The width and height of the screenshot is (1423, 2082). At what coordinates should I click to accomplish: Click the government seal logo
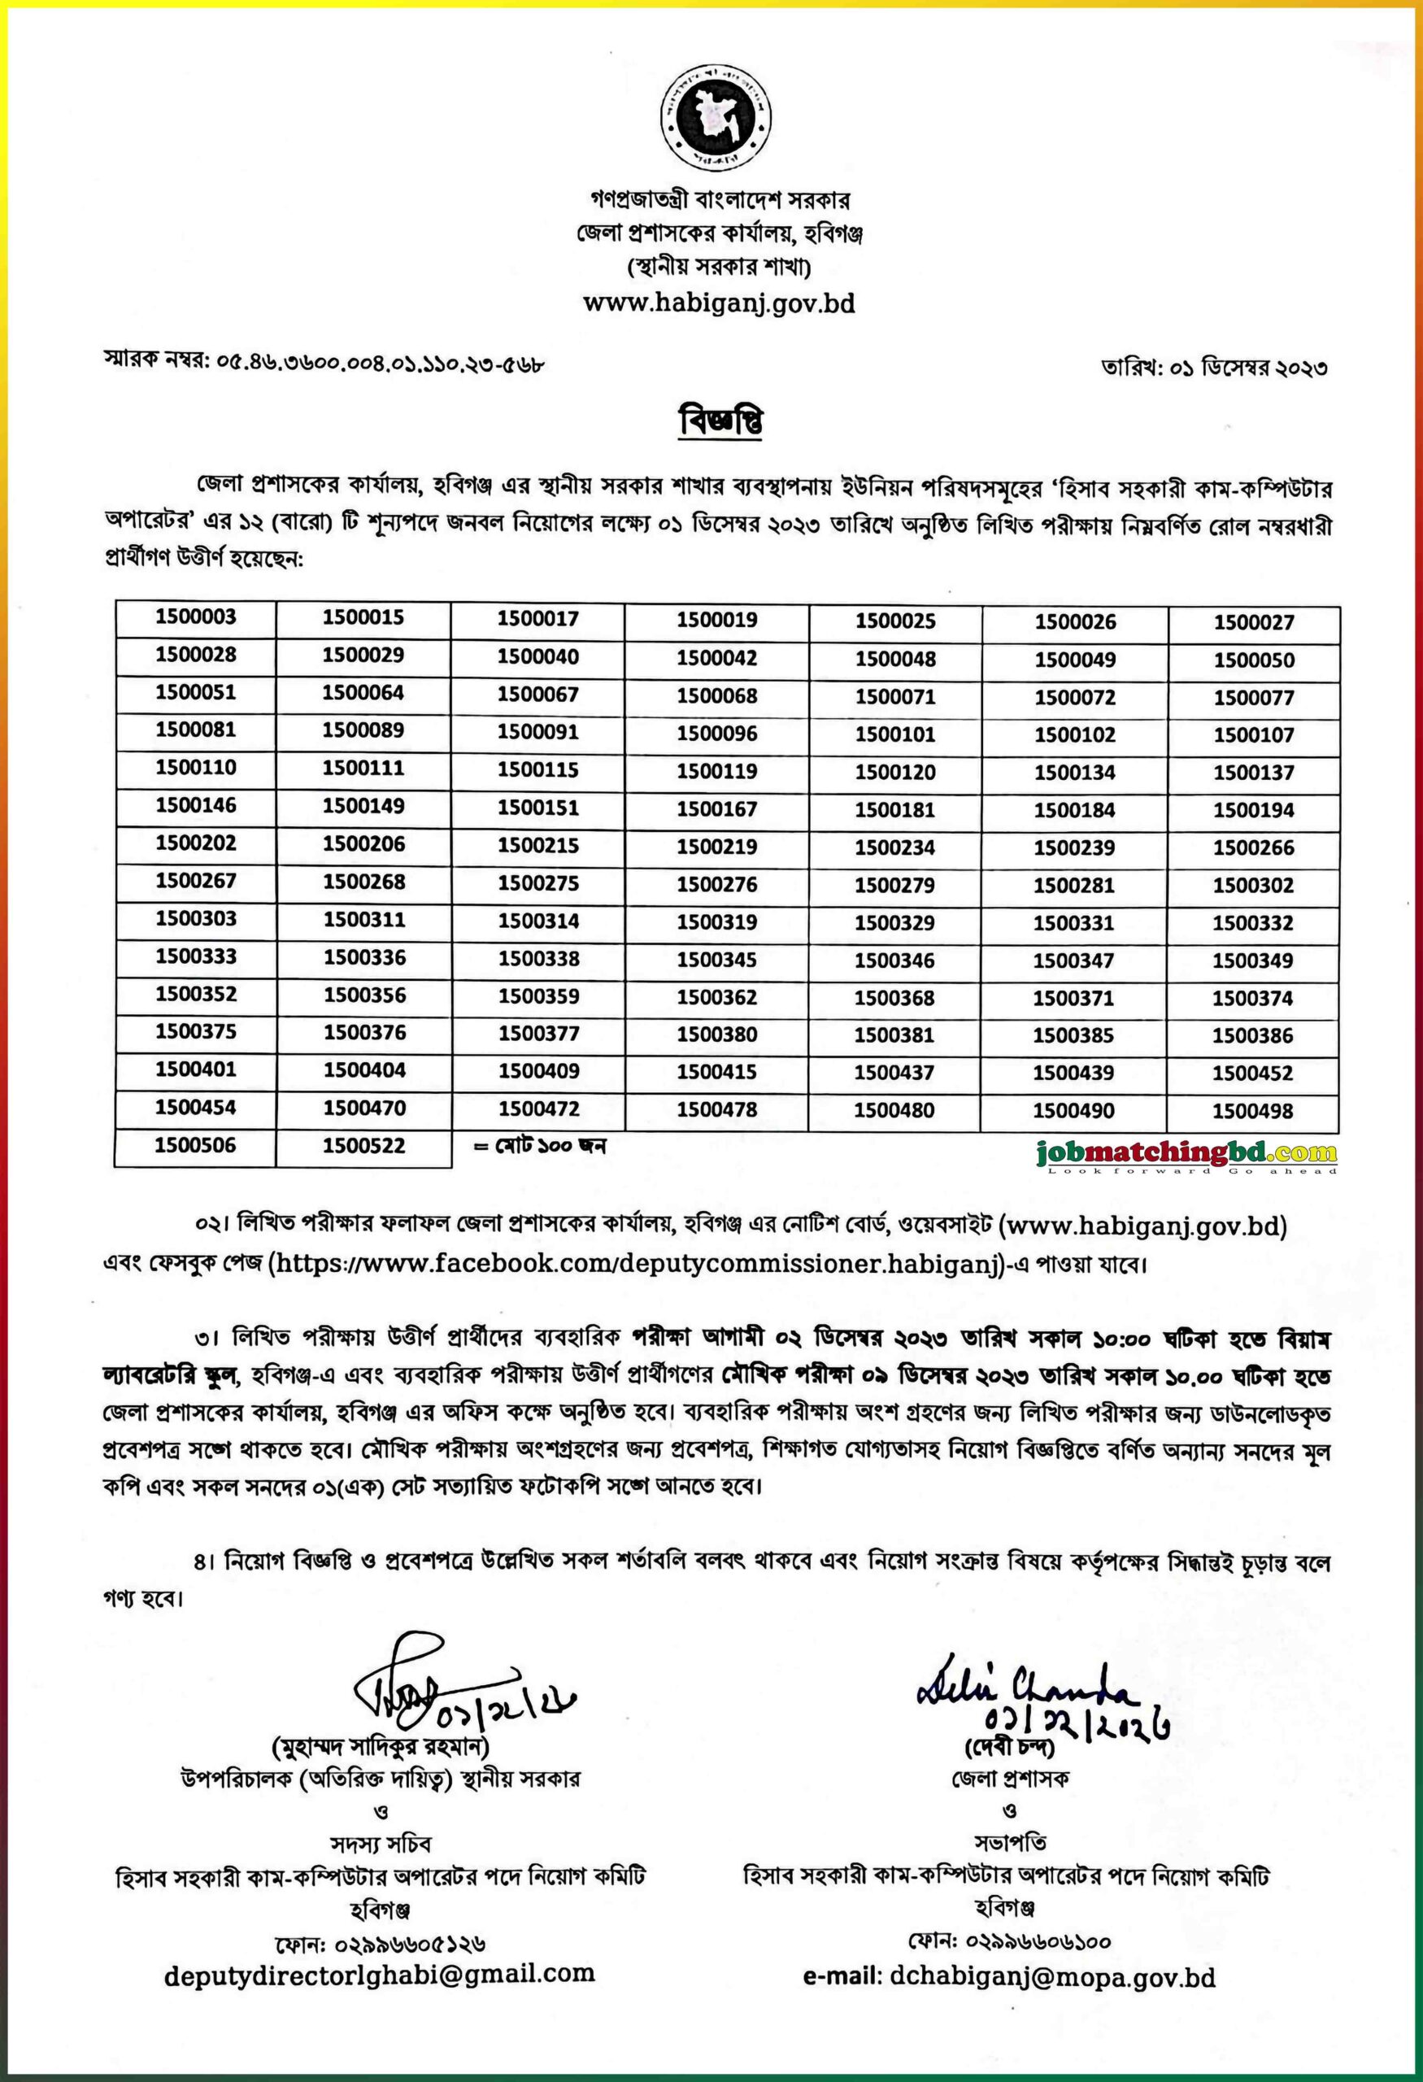coord(717,118)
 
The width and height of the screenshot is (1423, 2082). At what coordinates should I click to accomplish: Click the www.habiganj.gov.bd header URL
coord(718,303)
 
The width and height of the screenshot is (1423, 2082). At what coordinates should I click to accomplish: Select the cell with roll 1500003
coord(195,616)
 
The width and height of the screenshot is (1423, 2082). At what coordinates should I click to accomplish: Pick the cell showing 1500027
coord(1253,621)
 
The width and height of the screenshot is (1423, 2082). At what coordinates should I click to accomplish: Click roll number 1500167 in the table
coord(716,809)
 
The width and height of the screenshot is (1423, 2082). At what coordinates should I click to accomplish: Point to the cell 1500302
coord(1253,885)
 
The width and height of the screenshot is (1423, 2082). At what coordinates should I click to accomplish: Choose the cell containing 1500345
coord(716,960)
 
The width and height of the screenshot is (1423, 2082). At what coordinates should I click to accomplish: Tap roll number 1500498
coord(1252,1111)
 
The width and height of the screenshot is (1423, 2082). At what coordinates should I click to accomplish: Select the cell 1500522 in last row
coord(363,1146)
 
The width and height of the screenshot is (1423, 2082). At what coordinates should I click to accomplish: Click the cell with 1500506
coord(195,1145)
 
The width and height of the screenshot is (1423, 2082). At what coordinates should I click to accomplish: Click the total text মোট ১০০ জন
coord(539,1146)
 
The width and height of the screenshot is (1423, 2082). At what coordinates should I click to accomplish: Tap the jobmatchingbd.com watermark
coord(1186,1155)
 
